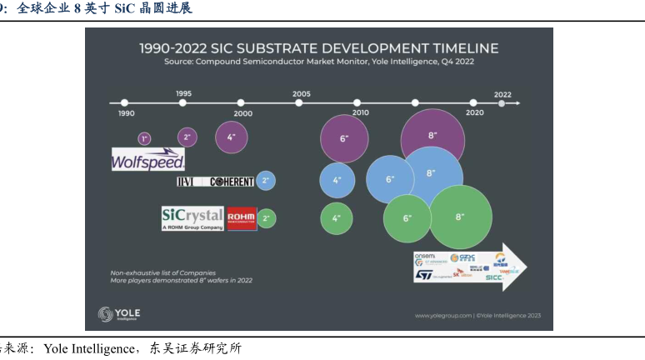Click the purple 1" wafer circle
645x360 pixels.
pos(144,138)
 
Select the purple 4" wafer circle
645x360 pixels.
pos(232,137)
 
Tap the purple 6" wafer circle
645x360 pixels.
pos(343,138)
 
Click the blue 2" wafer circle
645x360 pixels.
pos(266,180)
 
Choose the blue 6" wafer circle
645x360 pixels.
pos(390,179)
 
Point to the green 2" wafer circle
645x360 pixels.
pos(266,219)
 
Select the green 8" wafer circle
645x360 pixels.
pos(460,217)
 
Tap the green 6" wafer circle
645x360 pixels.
pos(407,217)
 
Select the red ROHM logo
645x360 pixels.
pos(241,218)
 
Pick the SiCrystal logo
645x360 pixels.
pos(192,218)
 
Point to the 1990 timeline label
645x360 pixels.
pos(127,113)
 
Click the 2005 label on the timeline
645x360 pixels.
pos(302,94)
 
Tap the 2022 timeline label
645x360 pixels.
pos(502,94)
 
